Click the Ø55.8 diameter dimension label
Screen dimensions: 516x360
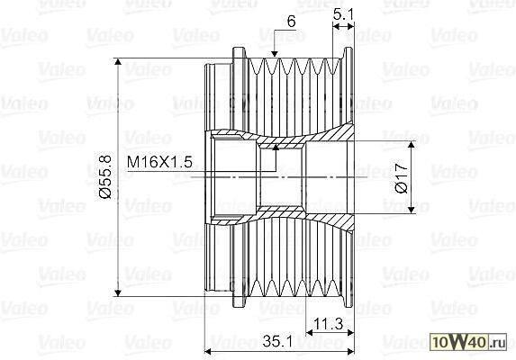pyautogui.click(x=105, y=177)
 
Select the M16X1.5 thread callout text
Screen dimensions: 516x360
pyautogui.click(x=159, y=162)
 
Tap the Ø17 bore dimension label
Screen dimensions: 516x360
pyautogui.click(x=402, y=178)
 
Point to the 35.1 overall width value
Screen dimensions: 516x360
pyautogui.click(x=278, y=342)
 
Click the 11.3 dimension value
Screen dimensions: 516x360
pyautogui.click(x=329, y=324)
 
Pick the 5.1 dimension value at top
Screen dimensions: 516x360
pyautogui.click(x=343, y=14)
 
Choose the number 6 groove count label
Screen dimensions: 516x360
pyautogui.click(x=291, y=22)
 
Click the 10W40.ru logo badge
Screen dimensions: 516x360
pyautogui.click(x=468, y=342)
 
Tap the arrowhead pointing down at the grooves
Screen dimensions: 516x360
pyautogui.click(x=274, y=54)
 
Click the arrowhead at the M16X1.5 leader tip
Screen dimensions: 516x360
pyautogui.click(x=276, y=148)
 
